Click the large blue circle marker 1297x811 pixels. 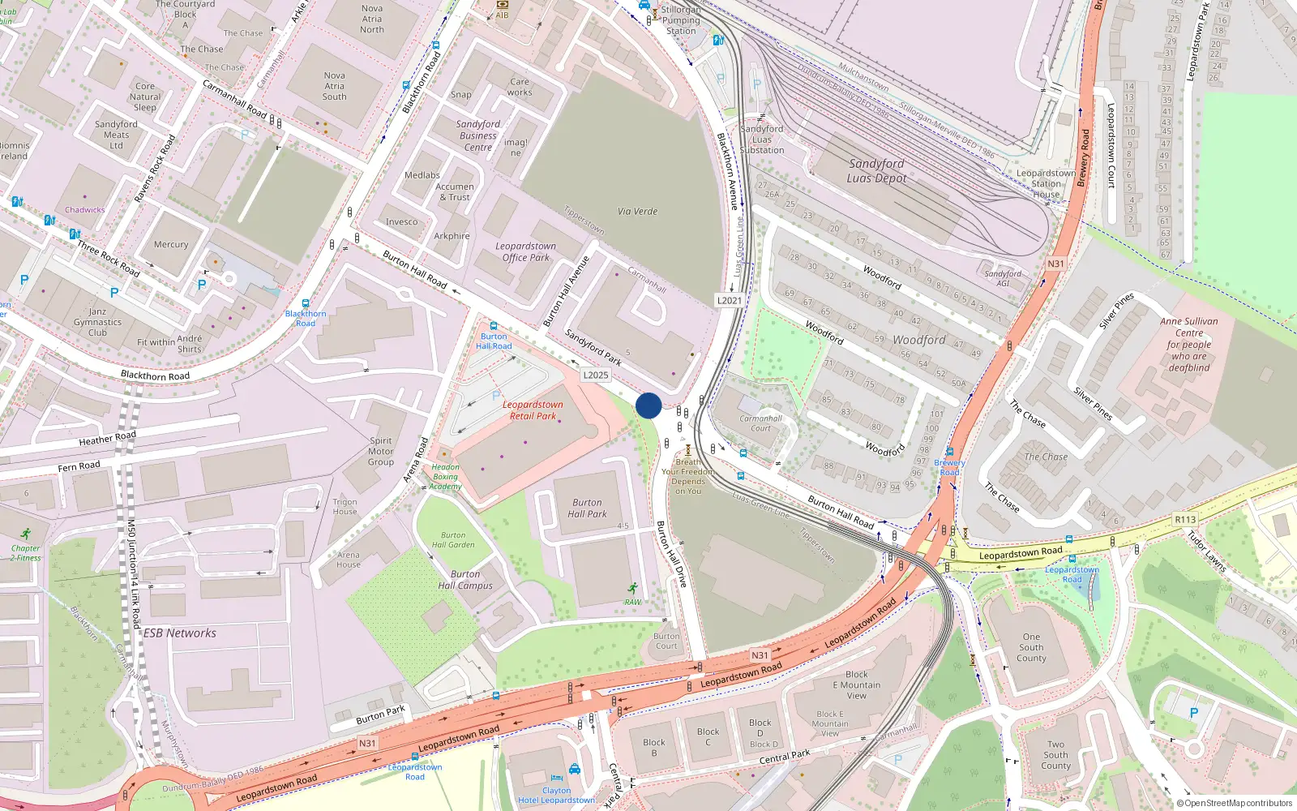click(648, 405)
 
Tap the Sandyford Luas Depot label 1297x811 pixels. click(876, 171)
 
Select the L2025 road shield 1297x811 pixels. click(595, 375)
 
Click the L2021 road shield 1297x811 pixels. click(729, 300)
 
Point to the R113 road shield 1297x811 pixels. click(1185, 519)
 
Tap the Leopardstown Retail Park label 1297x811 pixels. click(533, 410)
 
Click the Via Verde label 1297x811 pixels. click(637, 212)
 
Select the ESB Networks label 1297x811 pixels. click(180, 633)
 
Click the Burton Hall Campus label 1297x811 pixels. click(465, 580)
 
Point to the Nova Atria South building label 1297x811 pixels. click(334, 86)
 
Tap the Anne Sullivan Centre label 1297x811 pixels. click(1188, 345)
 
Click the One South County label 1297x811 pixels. click(1031, 647)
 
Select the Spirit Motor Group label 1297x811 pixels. click(381, 452)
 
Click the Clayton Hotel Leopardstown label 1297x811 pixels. click(556, 796)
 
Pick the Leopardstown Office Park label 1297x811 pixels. click(525, 252)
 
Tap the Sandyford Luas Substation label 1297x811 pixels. click(762, 139)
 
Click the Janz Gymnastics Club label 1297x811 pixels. click(97, 322)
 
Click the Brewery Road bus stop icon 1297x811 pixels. click(949, 452)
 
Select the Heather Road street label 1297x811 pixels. click(107, 439)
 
